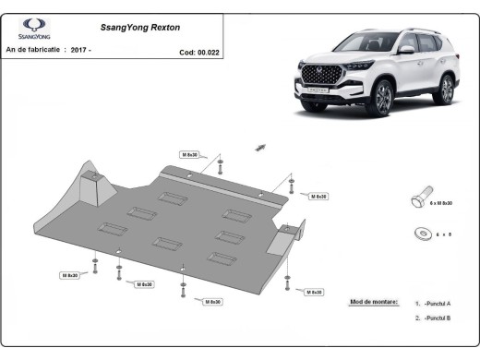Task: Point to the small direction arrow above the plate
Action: click(261, 146)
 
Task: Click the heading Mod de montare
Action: click(375, 302)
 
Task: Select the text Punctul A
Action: click(438, 303)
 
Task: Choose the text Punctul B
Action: click(438, 318)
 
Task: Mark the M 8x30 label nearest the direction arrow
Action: click(191, 155)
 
